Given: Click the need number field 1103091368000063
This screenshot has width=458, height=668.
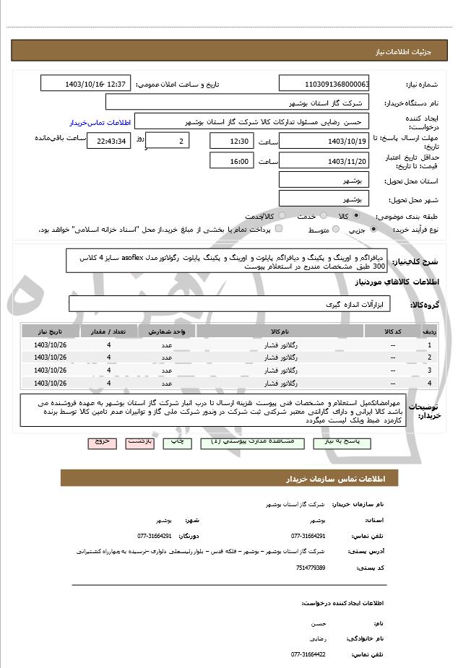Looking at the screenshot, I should click(324, 84).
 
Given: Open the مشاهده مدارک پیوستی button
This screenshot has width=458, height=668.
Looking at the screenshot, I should click(245, 441).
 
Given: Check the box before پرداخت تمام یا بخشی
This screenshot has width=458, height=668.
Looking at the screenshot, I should click(279, 230).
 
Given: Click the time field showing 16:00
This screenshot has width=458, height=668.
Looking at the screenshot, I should click(230, 162).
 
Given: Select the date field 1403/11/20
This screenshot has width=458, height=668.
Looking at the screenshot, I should click(324, 162).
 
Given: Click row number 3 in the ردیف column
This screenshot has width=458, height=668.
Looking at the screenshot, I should click(430, 370).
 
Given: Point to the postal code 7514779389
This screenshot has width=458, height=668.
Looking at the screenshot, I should click(311, 568).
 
